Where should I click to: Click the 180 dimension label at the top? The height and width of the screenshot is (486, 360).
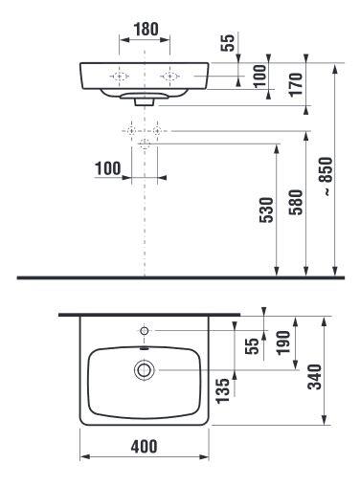[146, 29]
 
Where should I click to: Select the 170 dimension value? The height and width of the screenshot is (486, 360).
[296, 84]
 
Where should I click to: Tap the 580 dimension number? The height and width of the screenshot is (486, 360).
[296, 202]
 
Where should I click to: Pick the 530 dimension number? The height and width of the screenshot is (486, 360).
[267, 210]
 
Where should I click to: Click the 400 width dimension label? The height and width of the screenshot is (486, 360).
[144, 446]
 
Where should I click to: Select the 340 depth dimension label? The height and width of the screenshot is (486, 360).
[315, 377]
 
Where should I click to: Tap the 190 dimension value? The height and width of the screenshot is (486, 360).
[283, 342]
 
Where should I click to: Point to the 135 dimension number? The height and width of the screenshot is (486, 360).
[222, 391]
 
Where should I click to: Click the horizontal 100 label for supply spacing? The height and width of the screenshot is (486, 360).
[108, 168]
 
